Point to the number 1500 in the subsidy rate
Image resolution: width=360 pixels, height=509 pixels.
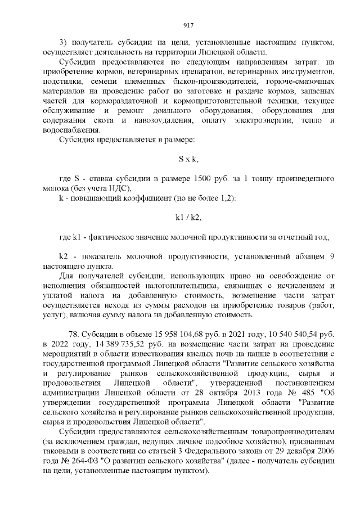[x=202, y=178]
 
